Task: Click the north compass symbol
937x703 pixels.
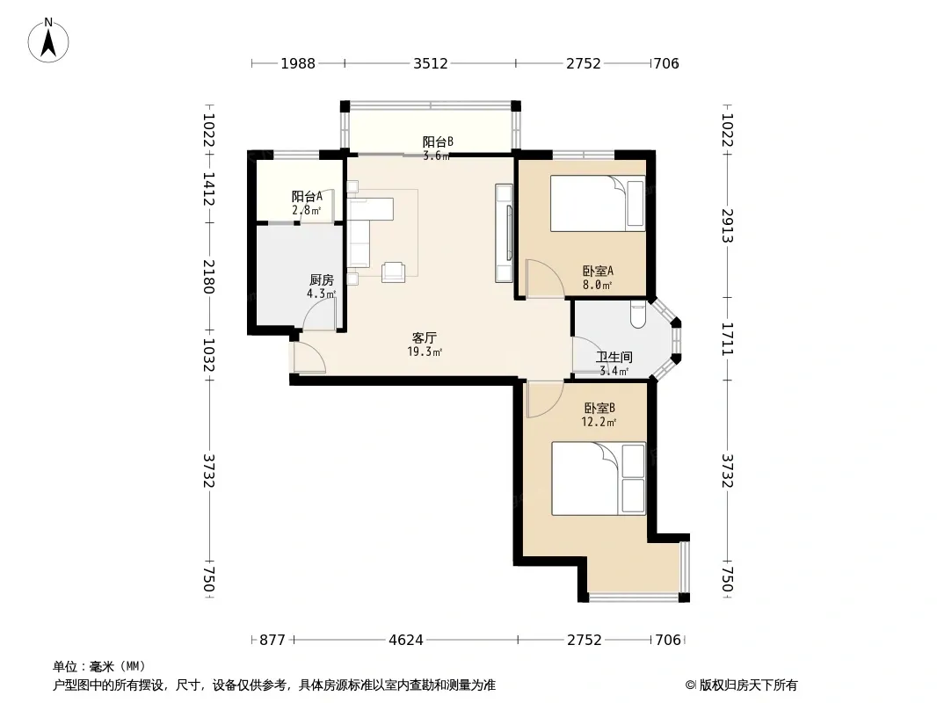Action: point(48,40)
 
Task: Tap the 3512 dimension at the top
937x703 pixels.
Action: point(430,63)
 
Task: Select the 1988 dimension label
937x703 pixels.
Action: point(298,63)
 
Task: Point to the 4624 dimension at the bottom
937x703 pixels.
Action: point(406,641)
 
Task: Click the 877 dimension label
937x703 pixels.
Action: point(272,641)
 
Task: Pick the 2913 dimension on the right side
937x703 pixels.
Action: point(727,225)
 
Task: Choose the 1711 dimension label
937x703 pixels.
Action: point(727,338)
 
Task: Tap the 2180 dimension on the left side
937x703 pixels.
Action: point(208,277)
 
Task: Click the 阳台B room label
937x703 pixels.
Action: point(438,142)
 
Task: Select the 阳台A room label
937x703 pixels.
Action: point(307,197)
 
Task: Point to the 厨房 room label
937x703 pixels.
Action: point(322,279)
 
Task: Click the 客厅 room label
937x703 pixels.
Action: point(425,338)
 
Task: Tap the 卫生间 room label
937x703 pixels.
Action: point(614,357)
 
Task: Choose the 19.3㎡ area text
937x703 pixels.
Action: point(425,351)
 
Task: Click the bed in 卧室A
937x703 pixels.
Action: point(598,203)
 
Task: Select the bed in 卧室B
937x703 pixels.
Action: point(599,478)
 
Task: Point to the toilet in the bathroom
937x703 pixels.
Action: point(638,315)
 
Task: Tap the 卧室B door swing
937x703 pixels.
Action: point(544,399)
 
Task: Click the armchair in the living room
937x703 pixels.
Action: point(394,272)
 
